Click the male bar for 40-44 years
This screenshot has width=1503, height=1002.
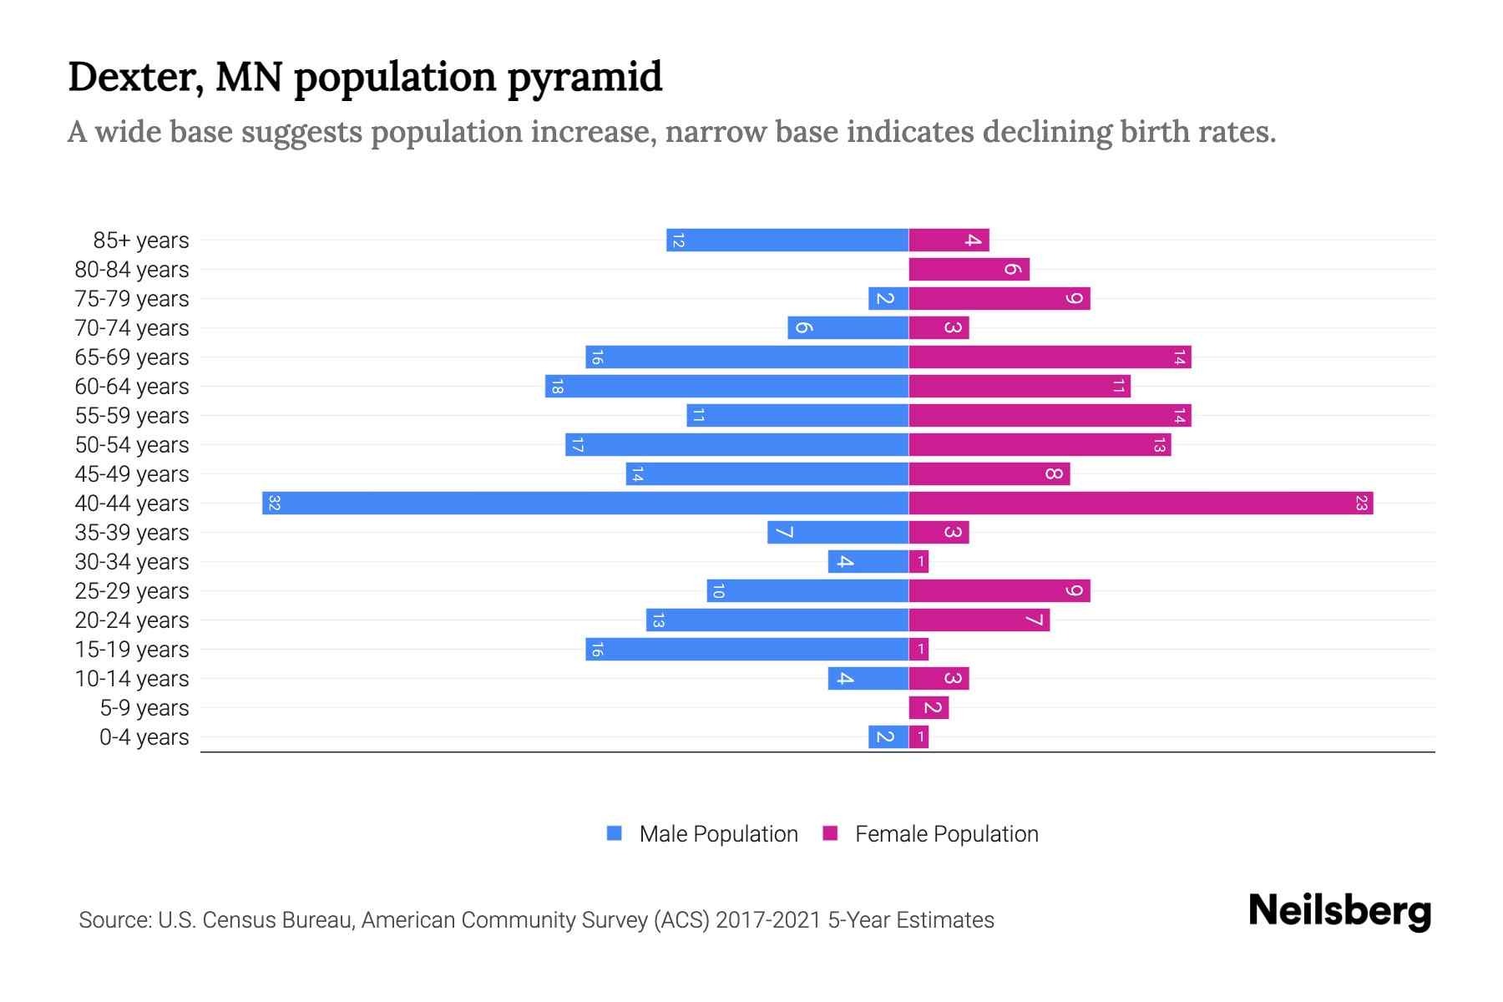tap(584, 503)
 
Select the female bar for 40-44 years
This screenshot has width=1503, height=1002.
tap(1141, 503)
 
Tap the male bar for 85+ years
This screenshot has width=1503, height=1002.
tap(787, 240)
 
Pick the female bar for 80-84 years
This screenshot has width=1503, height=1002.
tap(969, 269)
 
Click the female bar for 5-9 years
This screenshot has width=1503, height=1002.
tap(929, 707)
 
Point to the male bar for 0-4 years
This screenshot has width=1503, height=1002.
tap(888, 736)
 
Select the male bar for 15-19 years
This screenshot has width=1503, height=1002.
tap(746, 649)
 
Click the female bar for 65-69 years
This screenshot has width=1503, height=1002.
tap(1050, 357)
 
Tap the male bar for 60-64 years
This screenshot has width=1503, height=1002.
tap(726, 386)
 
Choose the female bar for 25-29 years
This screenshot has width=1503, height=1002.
tap(999, 590)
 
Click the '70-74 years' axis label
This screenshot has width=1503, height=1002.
tap(132, 328)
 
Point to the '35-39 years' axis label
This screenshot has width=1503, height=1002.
tap(132, 533)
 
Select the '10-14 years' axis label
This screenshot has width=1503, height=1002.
tap(132, 679)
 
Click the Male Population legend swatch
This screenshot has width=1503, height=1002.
tap(615, 833)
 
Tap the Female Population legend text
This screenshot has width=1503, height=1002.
tap(946, 833)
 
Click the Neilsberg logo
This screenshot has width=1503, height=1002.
tap(1339, 910)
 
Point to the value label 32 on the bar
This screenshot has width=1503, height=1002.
tap(274, 503)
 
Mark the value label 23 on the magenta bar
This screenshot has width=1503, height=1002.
tap(1361, 503)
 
